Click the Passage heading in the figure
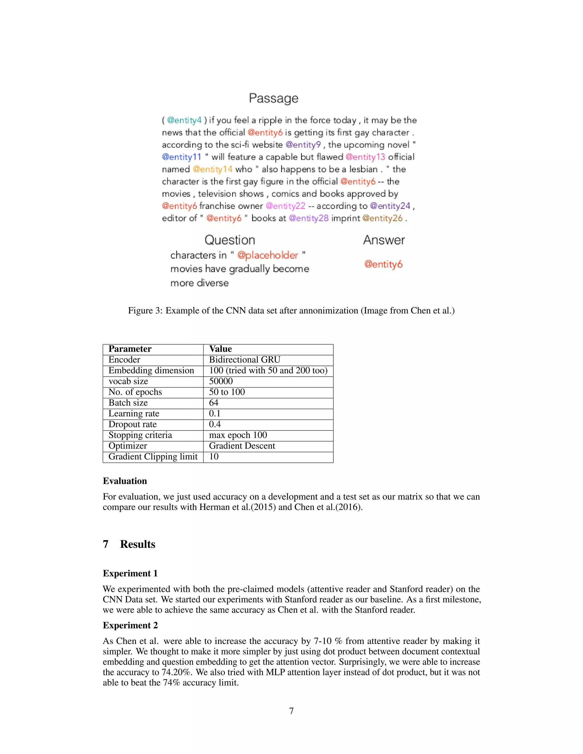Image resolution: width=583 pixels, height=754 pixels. click(273, 98)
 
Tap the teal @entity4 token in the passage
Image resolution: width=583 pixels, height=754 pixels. click(184, 120)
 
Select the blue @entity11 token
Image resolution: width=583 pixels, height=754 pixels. click(182, 157)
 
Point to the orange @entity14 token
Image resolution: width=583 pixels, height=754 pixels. click(212, 169)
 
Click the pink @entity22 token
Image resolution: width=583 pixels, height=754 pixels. click(285, 206)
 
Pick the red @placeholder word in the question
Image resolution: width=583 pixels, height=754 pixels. click(267, 255)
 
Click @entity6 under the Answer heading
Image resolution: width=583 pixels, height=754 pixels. click(383, 264)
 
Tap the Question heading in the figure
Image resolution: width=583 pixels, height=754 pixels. click(230, 240)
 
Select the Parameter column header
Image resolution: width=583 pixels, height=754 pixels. click(130, 349)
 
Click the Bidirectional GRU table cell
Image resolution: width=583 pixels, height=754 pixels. click(245, 359)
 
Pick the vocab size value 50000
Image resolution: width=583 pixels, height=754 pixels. click(221, 381)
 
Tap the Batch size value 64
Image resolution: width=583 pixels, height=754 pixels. click(214, 403)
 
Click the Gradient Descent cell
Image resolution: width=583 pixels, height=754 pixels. click(242, 446)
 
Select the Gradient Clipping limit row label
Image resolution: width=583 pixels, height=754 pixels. click(153, 456)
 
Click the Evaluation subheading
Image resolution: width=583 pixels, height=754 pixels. click(125, 481)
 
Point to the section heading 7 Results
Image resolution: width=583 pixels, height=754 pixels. click(129, 544)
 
